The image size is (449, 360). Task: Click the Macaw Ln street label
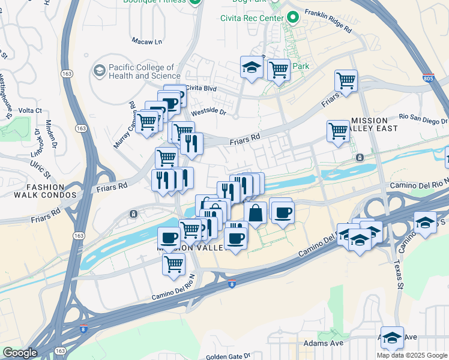(x=147, y=41)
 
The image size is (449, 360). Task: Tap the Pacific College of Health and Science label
(x=142, y=72)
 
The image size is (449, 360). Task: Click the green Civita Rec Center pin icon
(x=293, y=18)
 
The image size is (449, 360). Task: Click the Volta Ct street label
(x=30, y=110)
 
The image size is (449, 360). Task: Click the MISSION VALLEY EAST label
(x=379, y=124)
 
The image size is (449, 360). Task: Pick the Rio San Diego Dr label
(x=423, y=117)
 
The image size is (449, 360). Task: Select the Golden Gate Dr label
(x=228, y=356)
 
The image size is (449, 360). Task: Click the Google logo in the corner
(x=20, y=353)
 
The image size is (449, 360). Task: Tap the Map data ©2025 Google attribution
(x=412, y=355)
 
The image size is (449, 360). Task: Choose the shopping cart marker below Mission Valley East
(x=339, y=130)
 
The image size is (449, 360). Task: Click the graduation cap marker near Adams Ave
(x=392, y=337)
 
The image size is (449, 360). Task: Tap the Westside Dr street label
(x=208, y=112)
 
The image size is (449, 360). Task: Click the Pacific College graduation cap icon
(x=98, y=71)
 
